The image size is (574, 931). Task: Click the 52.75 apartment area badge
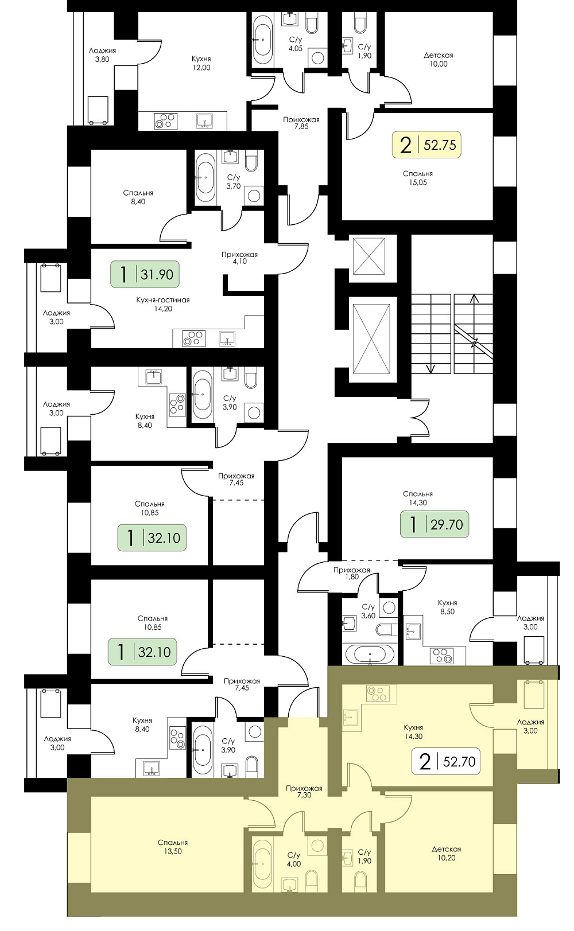coord(426,145)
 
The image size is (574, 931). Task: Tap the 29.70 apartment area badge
coord(435,524)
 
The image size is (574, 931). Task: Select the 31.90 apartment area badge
coord(145,274)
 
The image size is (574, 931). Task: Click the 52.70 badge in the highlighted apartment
coord(446,761)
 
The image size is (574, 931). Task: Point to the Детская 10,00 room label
coord(439,60)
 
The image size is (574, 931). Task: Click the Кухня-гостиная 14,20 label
coord(163,304)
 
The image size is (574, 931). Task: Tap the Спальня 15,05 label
coord(418,178)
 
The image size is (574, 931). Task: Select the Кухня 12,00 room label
coord(201,63)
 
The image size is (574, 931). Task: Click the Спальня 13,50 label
coord(173,847)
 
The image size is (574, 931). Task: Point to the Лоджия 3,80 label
coord(102,55)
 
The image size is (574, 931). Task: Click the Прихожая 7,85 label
coord(301,123)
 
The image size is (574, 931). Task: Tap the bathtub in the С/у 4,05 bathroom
coord(263,40)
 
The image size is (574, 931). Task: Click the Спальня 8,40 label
coord(138,197)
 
